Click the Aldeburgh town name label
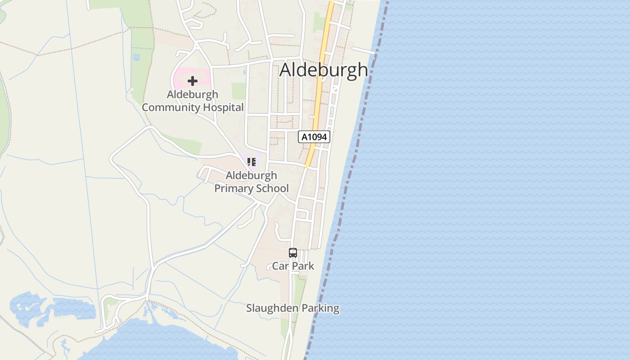click(x=324, y=70)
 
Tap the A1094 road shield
click(x=314, y=137)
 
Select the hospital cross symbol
click(x=193, y=81)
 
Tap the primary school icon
click(x=251, y=162)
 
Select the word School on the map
click(x=272, y=188)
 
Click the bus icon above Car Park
click(x=293, y=253)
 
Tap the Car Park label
click(x=293, y=266)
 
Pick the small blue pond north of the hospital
click(x=136, y=57)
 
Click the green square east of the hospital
click(x=238, y=91)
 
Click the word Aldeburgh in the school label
click(x=251, y=175)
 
